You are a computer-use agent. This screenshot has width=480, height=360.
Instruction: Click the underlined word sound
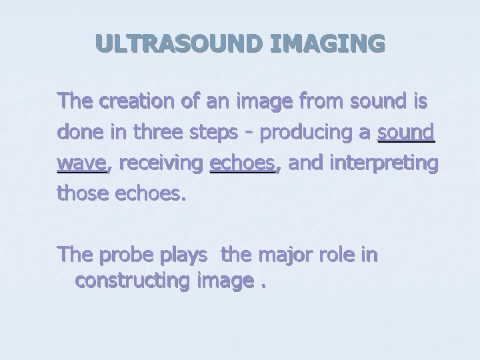[406, 132]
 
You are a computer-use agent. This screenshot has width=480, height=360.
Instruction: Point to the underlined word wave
[81, 162]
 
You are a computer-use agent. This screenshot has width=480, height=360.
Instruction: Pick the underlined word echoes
[243, 162]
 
